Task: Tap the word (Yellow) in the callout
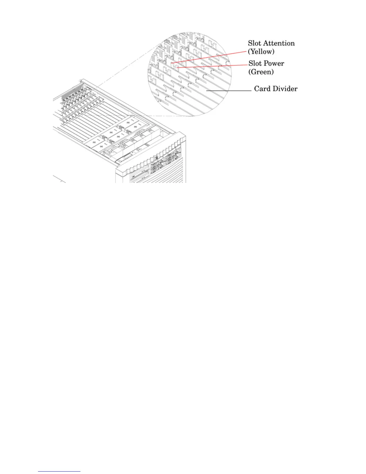261,52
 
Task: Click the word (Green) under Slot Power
261,72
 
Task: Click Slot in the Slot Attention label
255,43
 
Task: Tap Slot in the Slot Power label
255,63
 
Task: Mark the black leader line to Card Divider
229,90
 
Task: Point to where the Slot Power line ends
178,68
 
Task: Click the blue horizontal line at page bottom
59,472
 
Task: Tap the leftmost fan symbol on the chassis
95,141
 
